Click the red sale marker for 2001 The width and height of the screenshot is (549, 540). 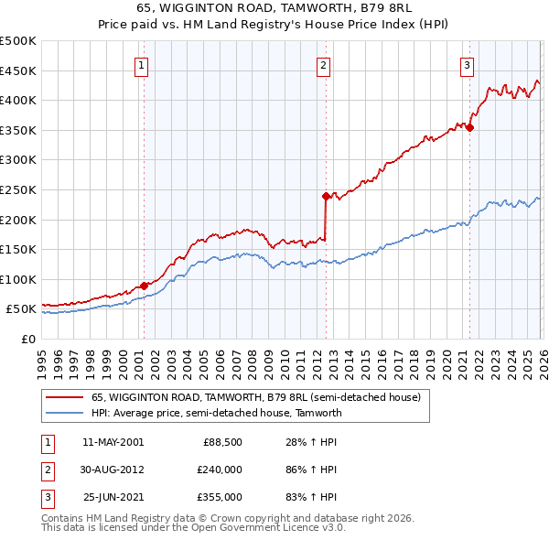point(144,286)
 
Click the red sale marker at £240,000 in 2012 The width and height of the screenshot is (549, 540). point(325,196)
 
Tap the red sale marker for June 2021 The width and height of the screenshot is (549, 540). point(469,127)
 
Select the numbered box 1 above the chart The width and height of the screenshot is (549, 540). point(143,65)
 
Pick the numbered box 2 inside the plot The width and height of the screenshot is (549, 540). point(324,65)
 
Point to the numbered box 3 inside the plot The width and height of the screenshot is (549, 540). point(467,65)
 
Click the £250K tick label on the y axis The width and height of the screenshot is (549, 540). point(18,189)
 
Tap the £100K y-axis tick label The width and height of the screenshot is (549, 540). point(18,279)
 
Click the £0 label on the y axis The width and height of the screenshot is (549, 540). point(27,339)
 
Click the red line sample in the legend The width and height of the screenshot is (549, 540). point(64,397)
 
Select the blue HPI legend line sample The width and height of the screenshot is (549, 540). point(64,413)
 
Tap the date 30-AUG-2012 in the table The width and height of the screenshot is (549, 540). point(113,470)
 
